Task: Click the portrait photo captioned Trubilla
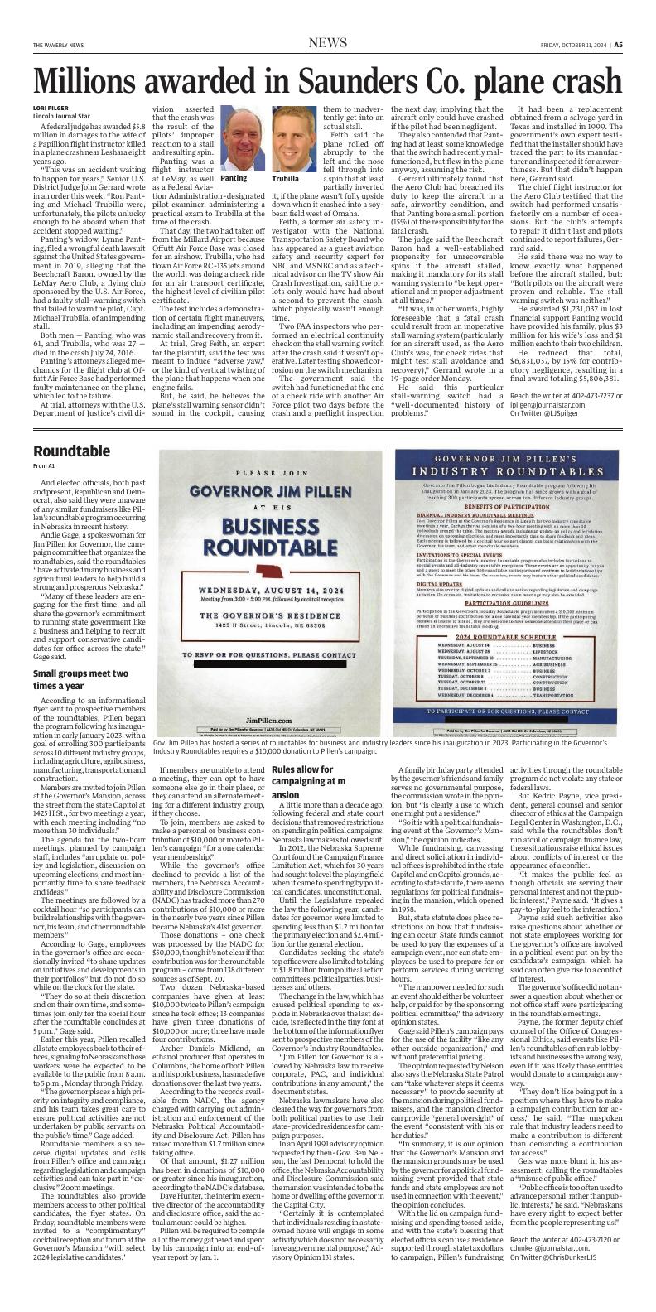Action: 292,137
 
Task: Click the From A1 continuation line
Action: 46,466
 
